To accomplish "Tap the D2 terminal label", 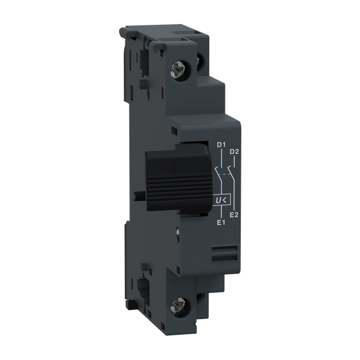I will point(235,152).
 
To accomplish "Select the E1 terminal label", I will point(220,223).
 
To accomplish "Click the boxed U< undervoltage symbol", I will point(220,200).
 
